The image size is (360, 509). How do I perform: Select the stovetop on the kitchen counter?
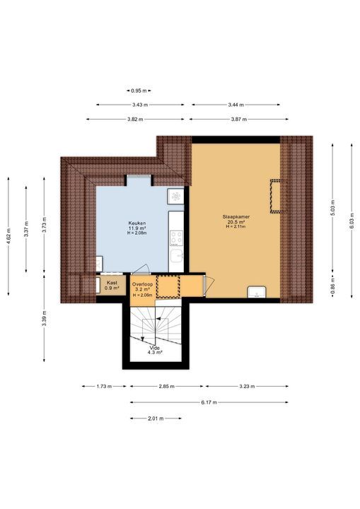tap(177, 238)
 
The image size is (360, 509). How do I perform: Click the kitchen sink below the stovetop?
tap(177, 257)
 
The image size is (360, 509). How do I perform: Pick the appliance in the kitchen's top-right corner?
tap(175, 196)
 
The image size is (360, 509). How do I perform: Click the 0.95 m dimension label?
tap(139, 90)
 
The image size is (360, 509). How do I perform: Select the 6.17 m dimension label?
tap(209, 402)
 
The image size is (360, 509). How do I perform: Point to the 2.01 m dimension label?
tap(155, 419)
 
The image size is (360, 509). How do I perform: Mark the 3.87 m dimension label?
tap(239, 119)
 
